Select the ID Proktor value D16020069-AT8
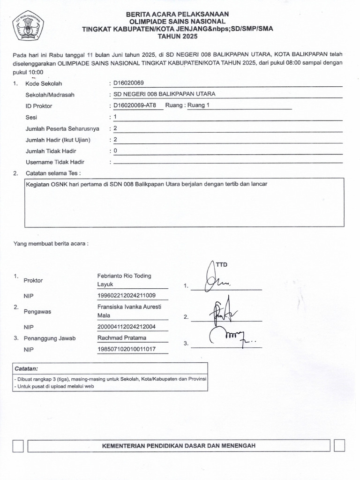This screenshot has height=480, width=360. (x=135, y=105)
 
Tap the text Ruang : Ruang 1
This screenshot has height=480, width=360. (x=186, y=105)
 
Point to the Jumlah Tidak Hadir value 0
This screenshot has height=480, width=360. (x=115, y=151)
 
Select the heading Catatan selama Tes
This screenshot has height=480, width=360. (x=56, y=173)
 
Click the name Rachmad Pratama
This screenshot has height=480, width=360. (x=122, y=338)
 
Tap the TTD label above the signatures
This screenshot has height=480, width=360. (x=221, y=265)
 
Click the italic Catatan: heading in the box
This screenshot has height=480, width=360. (x=26, y=368)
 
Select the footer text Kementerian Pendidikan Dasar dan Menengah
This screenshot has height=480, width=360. (x=179, y=446)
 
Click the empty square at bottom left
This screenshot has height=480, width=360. (x=18, y=446)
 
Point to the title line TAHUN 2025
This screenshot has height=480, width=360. (x=178, y=36)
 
